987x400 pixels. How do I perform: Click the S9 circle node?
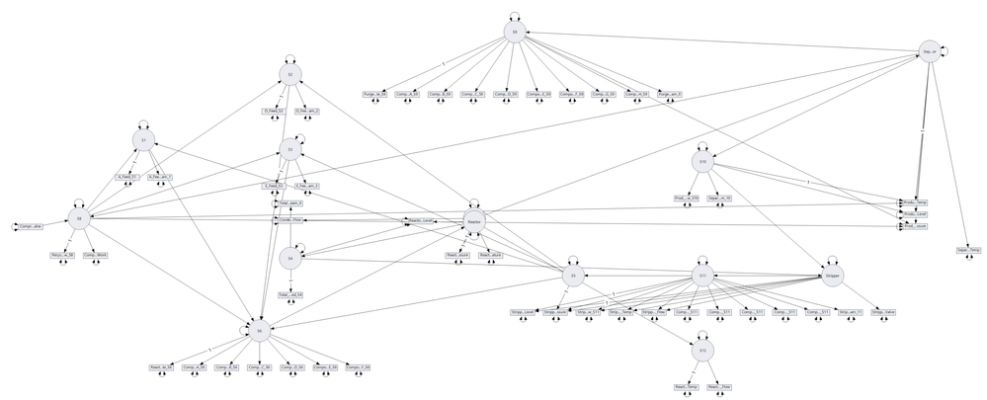[513, 32]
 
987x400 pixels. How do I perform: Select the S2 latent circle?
[288, 75]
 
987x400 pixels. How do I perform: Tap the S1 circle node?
[144, 141]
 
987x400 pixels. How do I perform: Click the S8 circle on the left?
[79, 217]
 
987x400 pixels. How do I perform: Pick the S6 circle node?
[259, 332]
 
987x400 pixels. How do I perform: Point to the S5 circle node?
[572, 276]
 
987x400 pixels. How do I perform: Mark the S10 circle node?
[702, 161]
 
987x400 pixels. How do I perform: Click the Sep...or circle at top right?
[929, 50]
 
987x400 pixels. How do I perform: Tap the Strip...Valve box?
[882, 312]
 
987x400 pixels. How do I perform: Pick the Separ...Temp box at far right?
[968, 250]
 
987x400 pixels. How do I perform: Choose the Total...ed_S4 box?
[290, 294]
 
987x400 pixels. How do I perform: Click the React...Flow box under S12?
[719, 387]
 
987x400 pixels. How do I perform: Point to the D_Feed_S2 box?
[273, 111]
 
